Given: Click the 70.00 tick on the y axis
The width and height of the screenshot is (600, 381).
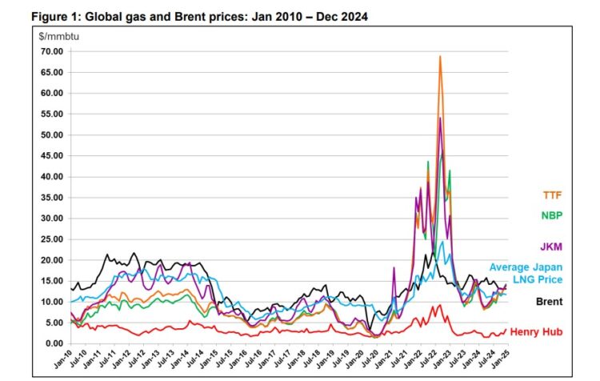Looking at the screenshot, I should pos(51,51).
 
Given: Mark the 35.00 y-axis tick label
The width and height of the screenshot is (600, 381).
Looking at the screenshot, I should pos(51,198).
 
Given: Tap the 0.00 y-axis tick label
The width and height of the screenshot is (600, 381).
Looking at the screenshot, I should pos(54,343).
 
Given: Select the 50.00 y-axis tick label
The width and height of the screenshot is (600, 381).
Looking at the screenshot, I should pos(51,134).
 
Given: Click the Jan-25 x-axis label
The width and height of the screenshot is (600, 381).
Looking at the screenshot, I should pos(506,359).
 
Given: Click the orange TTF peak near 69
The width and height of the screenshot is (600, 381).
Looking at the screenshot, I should pos(440,57).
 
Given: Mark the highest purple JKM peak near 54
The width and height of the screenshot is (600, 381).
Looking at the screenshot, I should pos(440,118).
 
